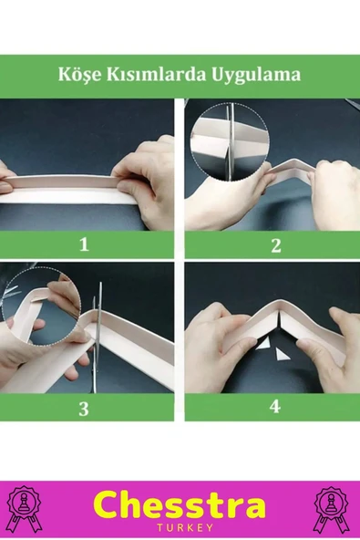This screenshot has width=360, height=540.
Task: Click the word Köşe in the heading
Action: click(x=79, y=75)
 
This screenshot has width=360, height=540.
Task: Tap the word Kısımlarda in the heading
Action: click(x=156, y=74)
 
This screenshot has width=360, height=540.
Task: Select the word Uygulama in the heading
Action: click(x=256, y=75)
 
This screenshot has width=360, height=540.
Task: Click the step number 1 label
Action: click(x=84, y=244)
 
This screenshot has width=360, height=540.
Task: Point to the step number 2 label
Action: click(x=276, y=246)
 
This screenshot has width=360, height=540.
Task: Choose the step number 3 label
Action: click(x=84, y=410)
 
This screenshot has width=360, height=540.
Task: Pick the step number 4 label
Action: click(x=274, y=407)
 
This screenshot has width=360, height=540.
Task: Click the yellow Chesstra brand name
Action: click(x=179, y=505)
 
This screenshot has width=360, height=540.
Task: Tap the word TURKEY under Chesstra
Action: click(x=185, y=527)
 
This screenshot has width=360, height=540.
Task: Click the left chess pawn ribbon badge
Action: click(x=25, y=508)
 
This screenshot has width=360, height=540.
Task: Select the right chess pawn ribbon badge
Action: click(x=330, y=509)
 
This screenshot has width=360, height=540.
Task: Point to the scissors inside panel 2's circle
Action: click(x=229, y=141)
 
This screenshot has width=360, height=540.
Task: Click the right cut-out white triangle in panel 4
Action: click(x=282, y=354)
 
